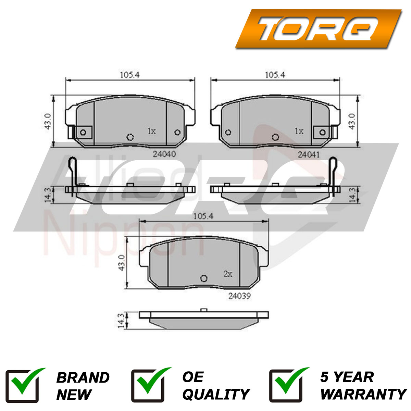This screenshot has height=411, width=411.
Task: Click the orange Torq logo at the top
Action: (319, 28)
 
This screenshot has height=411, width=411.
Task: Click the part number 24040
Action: (164, 154)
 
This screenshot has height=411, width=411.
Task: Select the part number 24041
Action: (309, 154)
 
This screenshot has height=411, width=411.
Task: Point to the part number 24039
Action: (239, 296)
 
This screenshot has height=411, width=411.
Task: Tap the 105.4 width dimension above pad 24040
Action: (130, 75)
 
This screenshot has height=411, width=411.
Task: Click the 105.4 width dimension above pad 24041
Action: (275, 75)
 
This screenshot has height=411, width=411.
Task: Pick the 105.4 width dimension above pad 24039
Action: (203, 216)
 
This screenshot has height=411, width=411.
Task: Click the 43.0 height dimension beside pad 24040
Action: (48, 121)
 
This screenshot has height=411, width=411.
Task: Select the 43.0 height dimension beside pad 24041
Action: (352, 121)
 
